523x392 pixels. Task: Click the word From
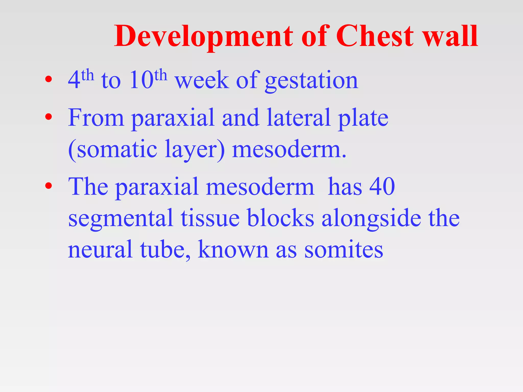tap(96, 118)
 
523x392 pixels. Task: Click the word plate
tap(363, 119)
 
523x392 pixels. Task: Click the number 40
tap(382, 187)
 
